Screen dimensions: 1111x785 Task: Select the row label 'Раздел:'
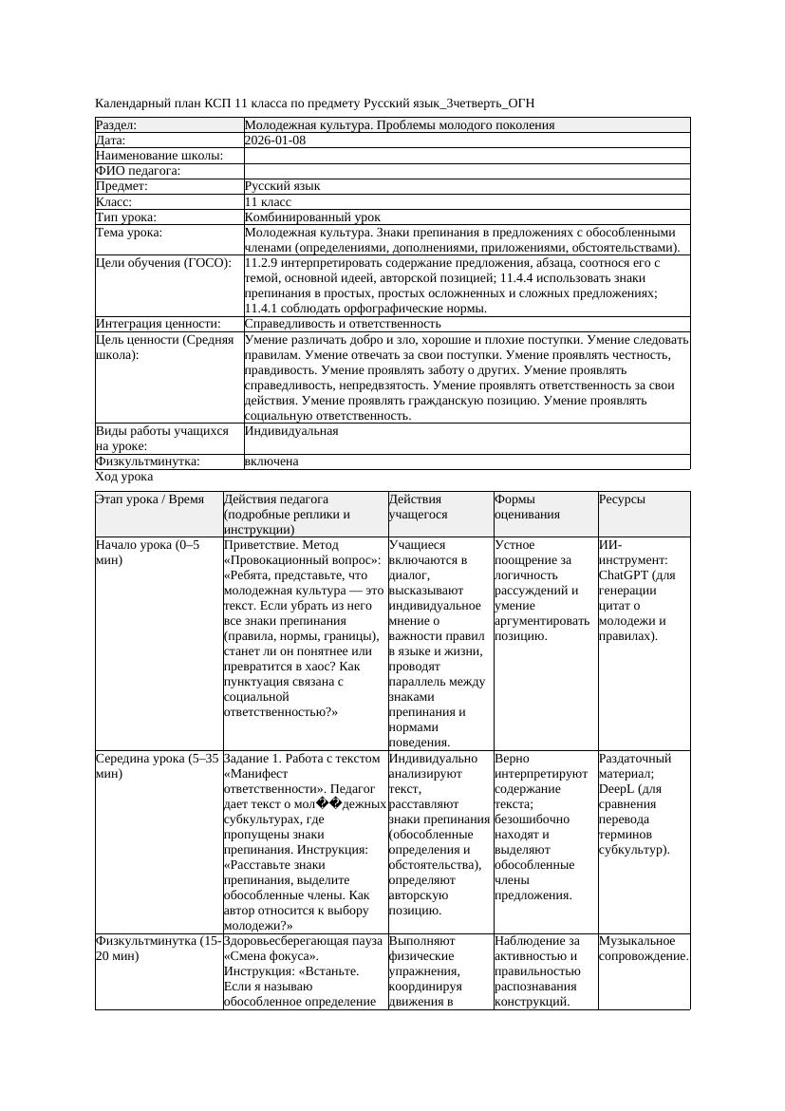click(117, 125)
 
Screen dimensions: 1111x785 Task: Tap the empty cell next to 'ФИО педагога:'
click(466, 172)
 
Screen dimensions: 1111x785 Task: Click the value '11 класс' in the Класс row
click(268, 202)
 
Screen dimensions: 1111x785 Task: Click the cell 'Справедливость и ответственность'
click(343, 324)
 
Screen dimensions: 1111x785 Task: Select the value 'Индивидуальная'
click(291, 431)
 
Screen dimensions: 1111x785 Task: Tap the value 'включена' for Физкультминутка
click(271, 461)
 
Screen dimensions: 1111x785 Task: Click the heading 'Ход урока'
click(124, 477)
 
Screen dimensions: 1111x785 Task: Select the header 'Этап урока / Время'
click(150, 499)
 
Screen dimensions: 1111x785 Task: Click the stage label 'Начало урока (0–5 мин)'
click(147, 553)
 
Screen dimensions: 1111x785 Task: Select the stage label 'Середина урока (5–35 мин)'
click(157, 766)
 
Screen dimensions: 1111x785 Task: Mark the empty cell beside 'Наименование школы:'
click(466, 156)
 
